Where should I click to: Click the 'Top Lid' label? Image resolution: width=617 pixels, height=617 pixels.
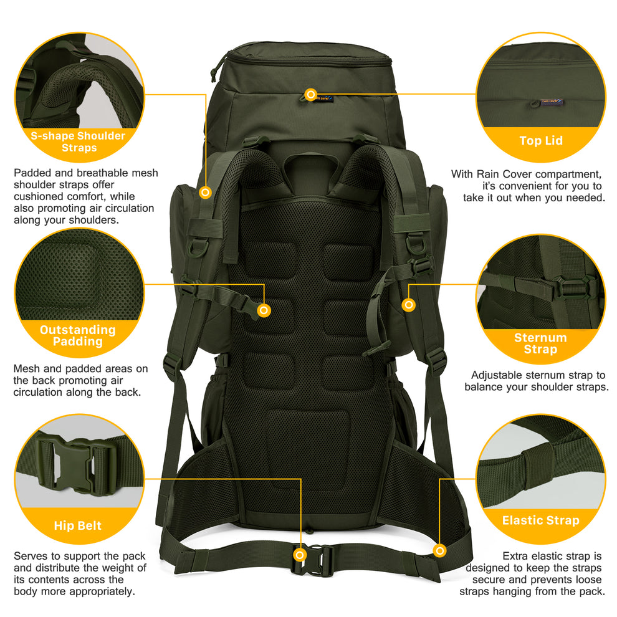[540, 141]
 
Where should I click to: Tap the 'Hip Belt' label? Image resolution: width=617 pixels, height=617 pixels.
[77, 526]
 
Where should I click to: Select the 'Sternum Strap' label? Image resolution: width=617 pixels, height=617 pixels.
[540, 343]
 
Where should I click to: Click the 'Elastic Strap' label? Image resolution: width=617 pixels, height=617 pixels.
[540, 520]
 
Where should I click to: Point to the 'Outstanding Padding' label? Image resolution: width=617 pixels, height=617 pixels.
[78, 335]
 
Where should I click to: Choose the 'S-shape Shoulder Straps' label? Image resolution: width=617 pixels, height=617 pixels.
[79, 141]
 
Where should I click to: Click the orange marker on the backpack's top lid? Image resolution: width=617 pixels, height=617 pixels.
[310, 94]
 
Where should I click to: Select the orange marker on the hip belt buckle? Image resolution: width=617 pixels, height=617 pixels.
[300, 554]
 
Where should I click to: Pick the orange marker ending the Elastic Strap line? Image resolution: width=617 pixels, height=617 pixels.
[441, 551]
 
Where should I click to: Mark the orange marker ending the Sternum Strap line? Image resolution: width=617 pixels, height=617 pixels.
[409, 305]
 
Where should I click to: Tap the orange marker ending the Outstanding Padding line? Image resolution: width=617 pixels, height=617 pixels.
[264, 310]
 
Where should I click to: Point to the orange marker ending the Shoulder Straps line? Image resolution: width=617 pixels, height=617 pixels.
[205, 193]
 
